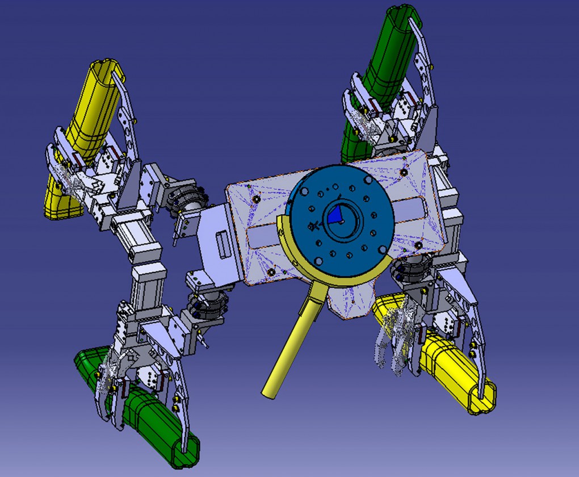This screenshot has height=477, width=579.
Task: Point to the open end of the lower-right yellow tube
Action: [482, 397]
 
